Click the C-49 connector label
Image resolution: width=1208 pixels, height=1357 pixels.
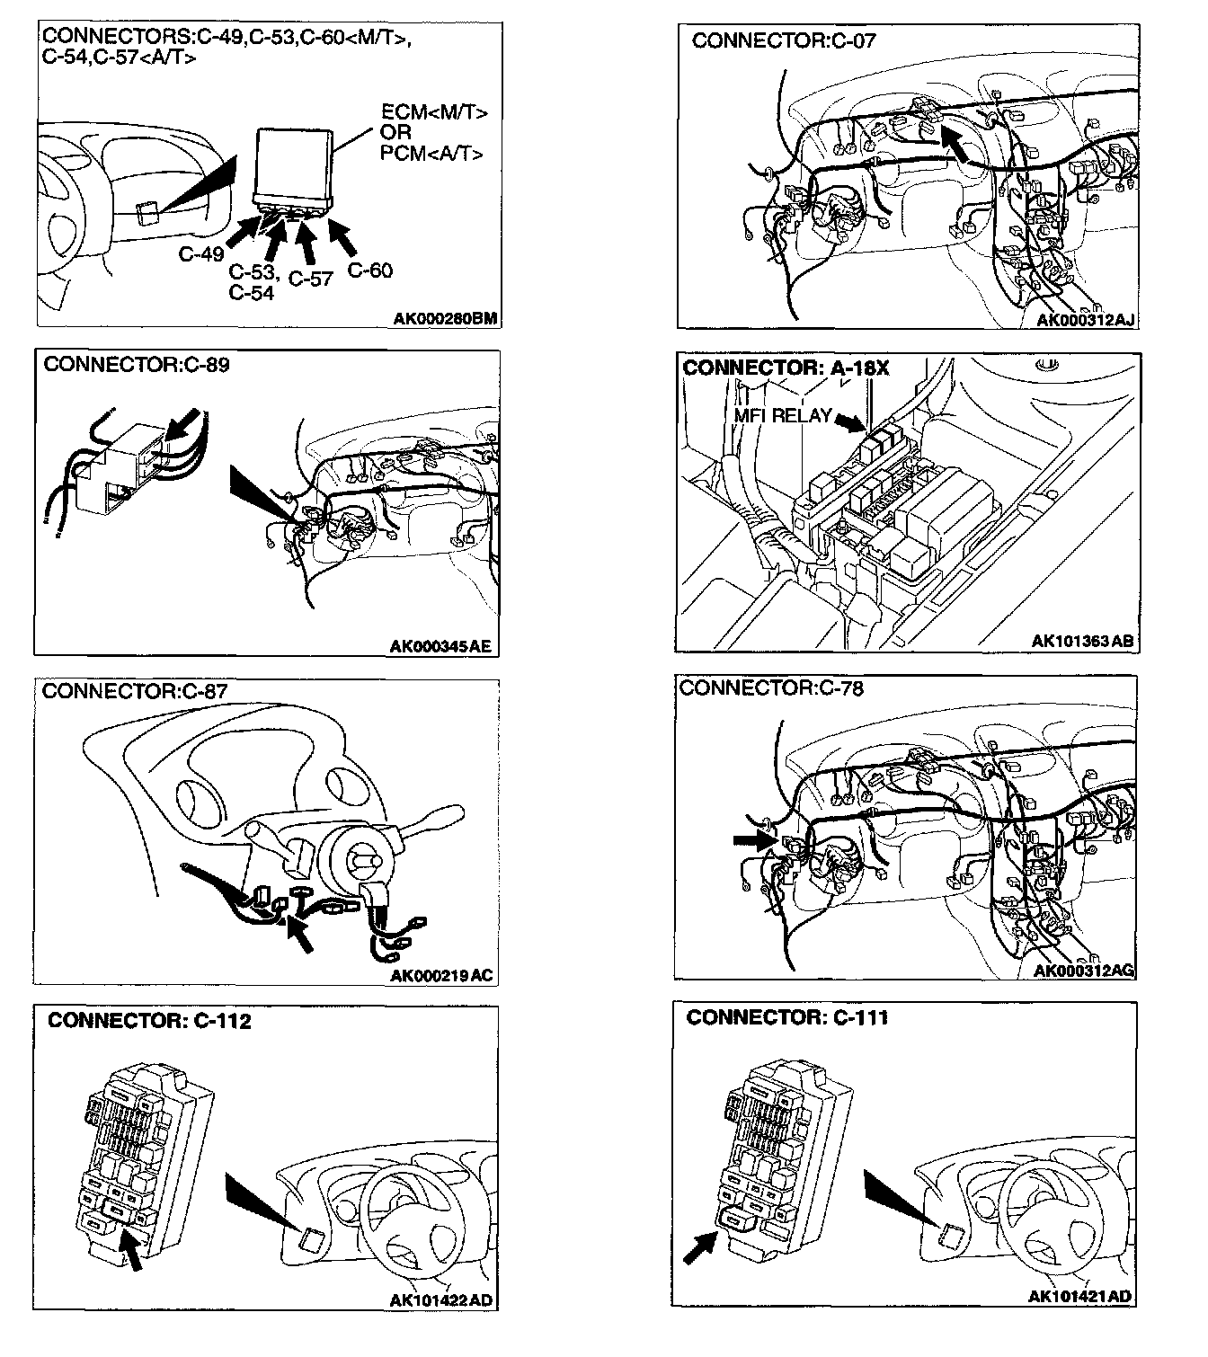click(x=200, y=254)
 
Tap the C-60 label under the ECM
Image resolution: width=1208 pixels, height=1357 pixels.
click(x=369, y=270)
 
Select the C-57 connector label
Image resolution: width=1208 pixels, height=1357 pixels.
click(x=311, y=279)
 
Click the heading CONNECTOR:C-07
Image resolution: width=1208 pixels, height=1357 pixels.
click(x=783, y=40)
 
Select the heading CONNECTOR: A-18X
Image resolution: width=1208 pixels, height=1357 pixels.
click(x=786, y=368)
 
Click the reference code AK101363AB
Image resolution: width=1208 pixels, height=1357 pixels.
click(x=1082, y=642)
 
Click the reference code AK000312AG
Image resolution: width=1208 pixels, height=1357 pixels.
click(x=1084, y=971)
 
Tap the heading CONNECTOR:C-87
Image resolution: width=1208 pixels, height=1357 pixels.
click(x=135, y=691)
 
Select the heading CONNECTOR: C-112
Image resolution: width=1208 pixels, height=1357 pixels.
click(x=149, y=1021)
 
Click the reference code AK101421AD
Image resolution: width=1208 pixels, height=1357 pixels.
click(x=1080, y=1296)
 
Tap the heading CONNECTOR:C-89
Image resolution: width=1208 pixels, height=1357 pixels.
click(x=136, y=365)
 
